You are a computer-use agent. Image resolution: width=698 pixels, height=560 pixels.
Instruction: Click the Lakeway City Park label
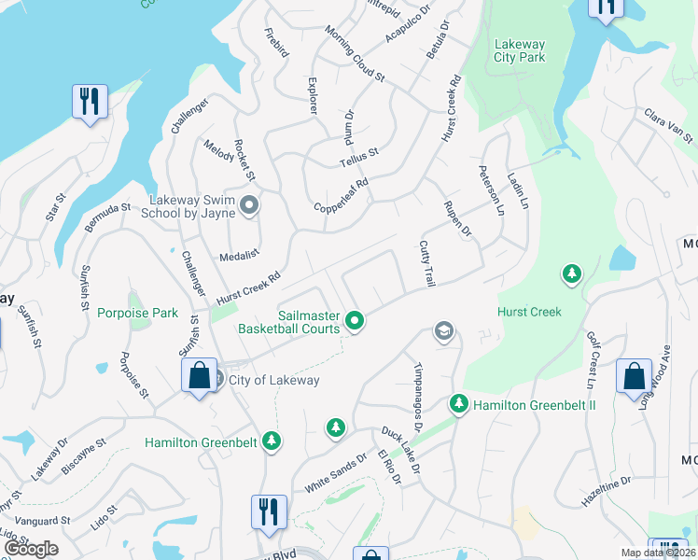pyautogui.click(x=519, y=50)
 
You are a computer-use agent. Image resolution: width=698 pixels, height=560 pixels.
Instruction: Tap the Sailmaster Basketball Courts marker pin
pyautogui.click(x=355, y=321)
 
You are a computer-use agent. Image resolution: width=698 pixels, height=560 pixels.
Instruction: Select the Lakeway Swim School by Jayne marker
pyautogui.click(x=248, y=204)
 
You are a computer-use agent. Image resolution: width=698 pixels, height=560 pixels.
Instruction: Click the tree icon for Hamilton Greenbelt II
pyautogui.click(x=458, y=404)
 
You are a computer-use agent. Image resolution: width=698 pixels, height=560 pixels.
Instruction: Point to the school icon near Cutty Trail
pyautogui.click(x=443, y=331)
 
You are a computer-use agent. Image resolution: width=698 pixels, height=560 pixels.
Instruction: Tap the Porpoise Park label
pyautogui.click(x=137, y=313)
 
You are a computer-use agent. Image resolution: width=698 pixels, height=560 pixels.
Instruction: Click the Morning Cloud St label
pyautogui.click(x=355, y=57)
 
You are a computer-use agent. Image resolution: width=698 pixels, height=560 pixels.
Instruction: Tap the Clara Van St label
pyautogui.click(x=668, y=126)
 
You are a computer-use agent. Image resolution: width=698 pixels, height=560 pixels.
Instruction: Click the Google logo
pyautogui.click(x=32, y=549)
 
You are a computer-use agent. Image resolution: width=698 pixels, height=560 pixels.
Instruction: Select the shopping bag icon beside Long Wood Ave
pyautogui.click(x=634, y=377)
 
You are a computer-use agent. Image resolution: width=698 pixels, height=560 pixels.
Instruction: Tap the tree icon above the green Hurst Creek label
pyautogui.click(x=571, y=274)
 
